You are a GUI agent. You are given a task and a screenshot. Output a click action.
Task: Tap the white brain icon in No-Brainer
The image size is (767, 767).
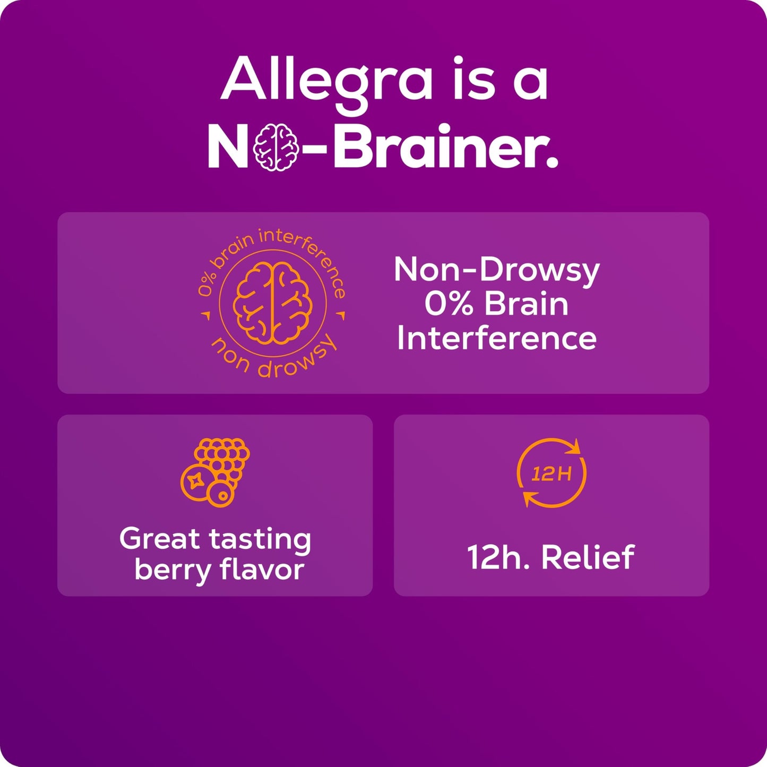point(274,147)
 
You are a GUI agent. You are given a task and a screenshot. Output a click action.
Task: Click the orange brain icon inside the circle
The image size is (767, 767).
point(272,303)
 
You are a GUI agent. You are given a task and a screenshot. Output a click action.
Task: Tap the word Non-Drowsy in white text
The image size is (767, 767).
point(496,270)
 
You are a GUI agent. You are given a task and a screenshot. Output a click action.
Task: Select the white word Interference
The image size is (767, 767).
point(496,338)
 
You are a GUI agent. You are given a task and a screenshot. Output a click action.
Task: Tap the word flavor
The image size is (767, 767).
point(262,569)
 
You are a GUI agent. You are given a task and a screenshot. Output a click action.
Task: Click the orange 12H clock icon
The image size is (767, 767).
point(551,472)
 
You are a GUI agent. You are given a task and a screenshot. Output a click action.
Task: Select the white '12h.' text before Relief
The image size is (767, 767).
point(497,557)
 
